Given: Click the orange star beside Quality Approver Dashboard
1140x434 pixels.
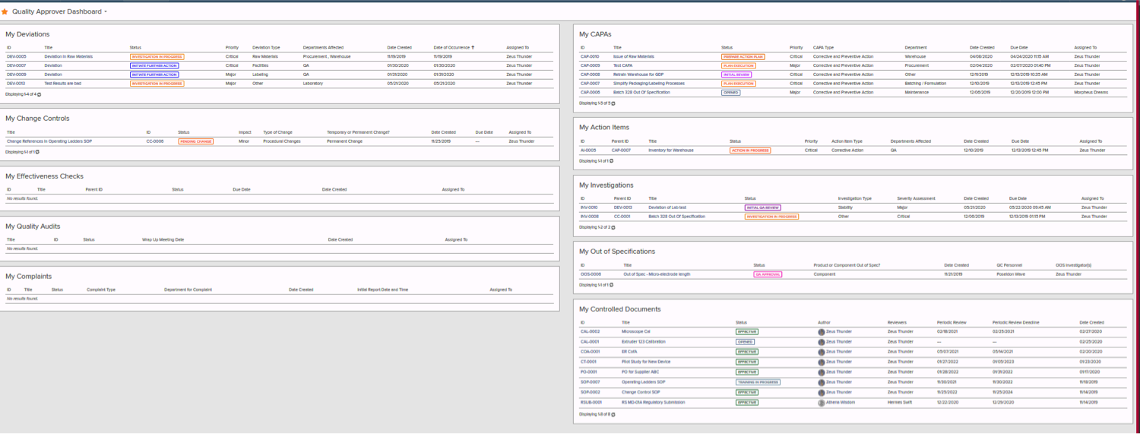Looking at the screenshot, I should point(5,12).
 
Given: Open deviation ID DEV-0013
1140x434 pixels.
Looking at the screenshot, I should point(17,84).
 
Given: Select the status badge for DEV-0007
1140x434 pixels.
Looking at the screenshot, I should point(154,65).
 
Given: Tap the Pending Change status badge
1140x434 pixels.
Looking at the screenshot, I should point(196,141).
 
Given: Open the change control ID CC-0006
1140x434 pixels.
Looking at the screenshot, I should point(155,141).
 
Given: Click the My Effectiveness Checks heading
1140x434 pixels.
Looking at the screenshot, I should point(44,176).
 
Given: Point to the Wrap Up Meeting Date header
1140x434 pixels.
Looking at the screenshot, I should point(163,239).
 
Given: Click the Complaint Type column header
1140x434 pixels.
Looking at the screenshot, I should point(101,290).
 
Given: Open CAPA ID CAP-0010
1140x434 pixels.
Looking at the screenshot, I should point(590,56).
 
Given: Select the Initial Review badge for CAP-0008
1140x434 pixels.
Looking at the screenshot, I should point(736,74).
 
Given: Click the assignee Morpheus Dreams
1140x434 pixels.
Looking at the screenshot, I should point(1091,93).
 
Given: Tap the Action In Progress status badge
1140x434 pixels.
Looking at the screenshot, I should point(750,150).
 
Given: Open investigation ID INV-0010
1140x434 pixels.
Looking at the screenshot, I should point(589,207).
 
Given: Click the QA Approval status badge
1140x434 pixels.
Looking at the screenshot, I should point(768,274).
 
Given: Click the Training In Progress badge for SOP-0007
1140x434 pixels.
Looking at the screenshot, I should point(758,382).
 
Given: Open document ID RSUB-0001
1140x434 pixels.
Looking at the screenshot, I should point(591,402).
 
